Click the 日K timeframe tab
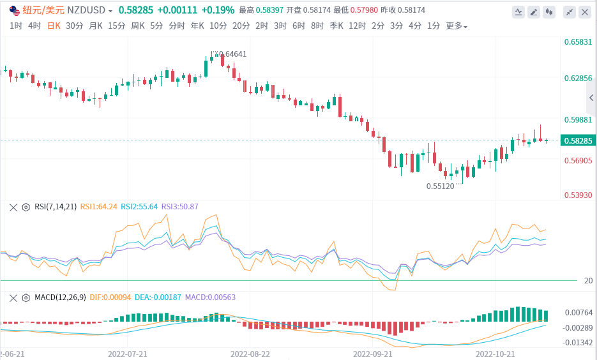tap(54, 26)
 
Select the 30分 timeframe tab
tap(74, 26)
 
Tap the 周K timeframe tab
tap(138, 26)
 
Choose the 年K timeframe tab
tap(197, 26)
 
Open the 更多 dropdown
tap(456, 26)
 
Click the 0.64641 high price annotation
tap(232, 54)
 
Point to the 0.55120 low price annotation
tap(440, 186)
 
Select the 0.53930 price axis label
tap(578, 195)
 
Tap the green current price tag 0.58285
tap(578, 140)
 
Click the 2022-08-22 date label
tap(250, 352)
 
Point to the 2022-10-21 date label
tap(495, 352)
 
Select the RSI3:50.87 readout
tap(179, 207)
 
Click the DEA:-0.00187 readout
tap(158, 297)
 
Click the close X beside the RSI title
tap(13, 207)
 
